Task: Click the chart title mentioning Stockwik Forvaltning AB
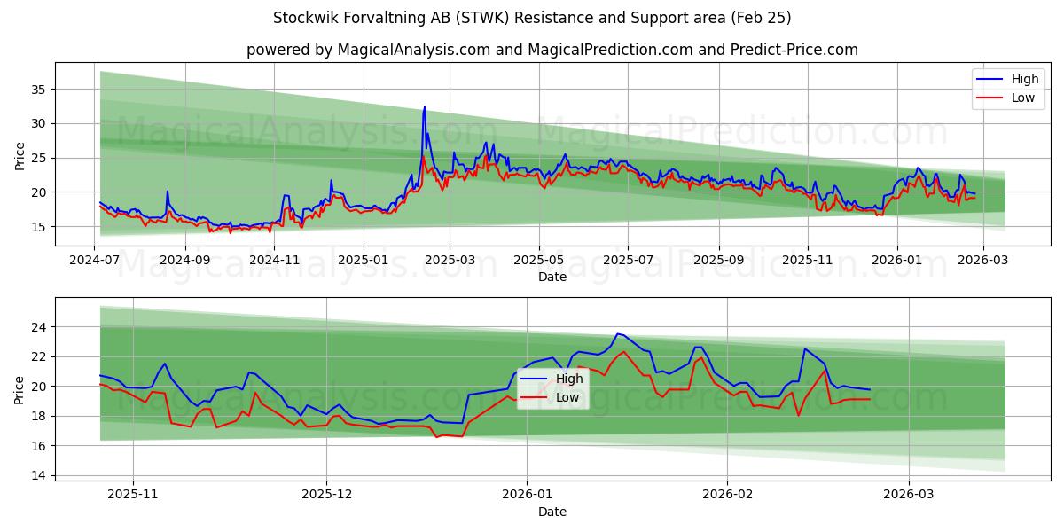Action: [x=532, y=18]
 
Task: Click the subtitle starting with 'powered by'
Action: [x=552, y=50]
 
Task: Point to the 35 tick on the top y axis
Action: [x=38, y=89]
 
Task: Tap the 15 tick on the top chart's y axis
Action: [x=38, y=227]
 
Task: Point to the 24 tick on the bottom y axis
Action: [x=38, y=327]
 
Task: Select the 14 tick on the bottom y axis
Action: [x=38, y=475]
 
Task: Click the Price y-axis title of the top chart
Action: [x=20, y=155]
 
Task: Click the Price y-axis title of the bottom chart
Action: [x=20, y=389]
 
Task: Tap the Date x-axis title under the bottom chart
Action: [x=552, y=512]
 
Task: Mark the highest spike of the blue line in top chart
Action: [x=425, y=107]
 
